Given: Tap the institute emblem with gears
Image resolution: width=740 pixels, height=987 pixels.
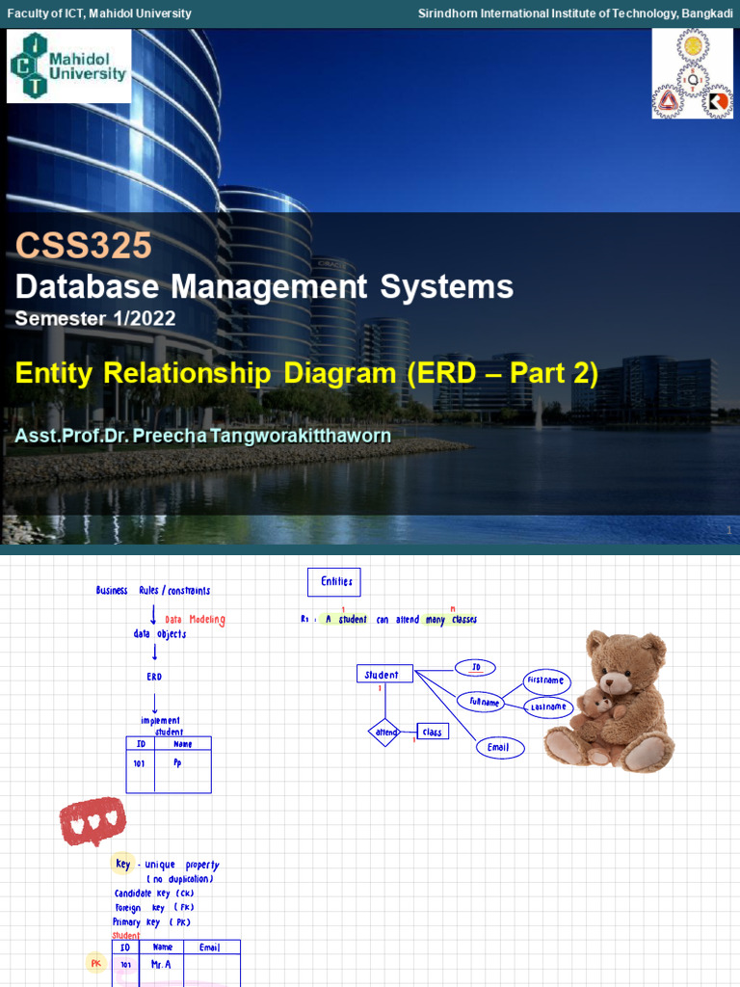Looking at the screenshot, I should (692, 73).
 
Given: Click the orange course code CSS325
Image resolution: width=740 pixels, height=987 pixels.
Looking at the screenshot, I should (83, 246).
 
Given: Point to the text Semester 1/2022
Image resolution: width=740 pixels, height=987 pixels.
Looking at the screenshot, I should (95, 318).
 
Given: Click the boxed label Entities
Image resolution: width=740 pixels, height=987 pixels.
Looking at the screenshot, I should (333, 582).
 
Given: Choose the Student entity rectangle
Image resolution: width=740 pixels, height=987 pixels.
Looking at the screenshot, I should (384, 675).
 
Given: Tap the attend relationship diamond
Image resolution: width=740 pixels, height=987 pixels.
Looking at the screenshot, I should (384, 733).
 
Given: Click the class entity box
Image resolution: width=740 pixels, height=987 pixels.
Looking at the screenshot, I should (432, 733).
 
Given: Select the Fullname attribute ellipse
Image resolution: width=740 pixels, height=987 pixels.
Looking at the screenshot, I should (485, 703).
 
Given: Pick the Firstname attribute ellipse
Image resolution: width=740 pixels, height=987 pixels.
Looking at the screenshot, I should (546, 681).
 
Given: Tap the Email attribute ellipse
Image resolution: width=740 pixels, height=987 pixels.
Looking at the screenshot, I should (498, 747).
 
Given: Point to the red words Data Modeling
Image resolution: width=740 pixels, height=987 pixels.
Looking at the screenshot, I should (195, 620).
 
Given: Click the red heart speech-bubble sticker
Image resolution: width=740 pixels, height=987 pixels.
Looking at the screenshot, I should (92, 819).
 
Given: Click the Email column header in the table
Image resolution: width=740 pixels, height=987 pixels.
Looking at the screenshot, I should (210, 947).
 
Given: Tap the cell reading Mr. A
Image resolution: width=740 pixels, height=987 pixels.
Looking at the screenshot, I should (161, 964).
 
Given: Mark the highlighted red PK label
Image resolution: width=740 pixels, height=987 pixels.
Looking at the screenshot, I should (96, 963).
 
